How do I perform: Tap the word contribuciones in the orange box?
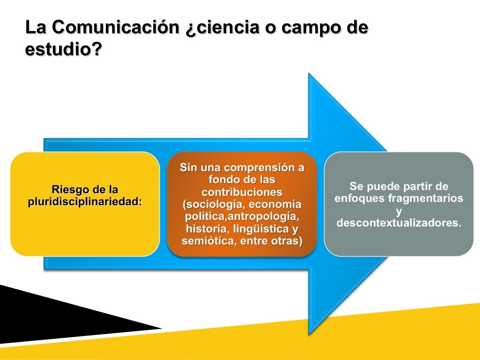(242, 192)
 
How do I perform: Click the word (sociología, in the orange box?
(214, 205)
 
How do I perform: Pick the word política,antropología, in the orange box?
(242, 217)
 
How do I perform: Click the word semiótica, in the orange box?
(205, 241)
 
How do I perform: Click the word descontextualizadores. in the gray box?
(399, 222)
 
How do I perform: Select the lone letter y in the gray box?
(399, 210)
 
